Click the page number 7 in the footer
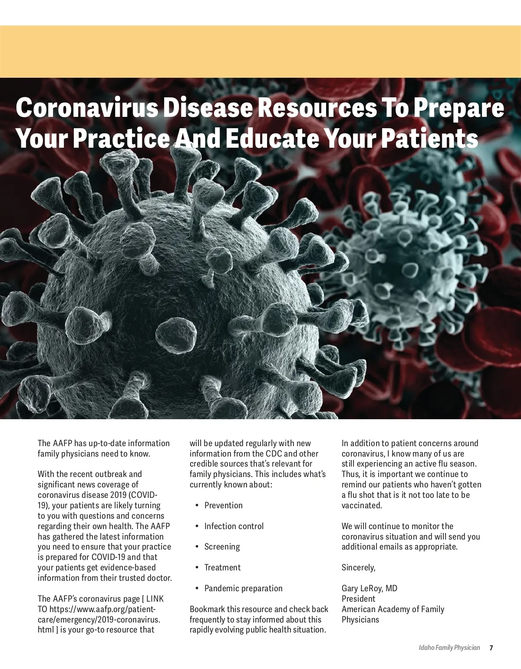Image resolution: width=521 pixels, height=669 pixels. pos(491,648)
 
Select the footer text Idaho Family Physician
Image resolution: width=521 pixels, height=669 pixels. pos(449,648)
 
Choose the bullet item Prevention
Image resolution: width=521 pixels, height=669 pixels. pos(223,505)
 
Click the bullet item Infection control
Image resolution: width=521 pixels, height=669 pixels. pos(234,526)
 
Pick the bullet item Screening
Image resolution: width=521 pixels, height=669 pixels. pos(222,546)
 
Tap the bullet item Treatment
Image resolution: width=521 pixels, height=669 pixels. pos(222,567)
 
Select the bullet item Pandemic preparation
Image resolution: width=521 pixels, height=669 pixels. pos(243,588)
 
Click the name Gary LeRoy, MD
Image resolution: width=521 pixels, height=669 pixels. pos(369,588)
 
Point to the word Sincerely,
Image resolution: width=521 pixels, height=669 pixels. pos(358,567)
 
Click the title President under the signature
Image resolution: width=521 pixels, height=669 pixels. pos(358,599)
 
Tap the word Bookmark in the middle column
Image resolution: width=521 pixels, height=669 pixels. pos(207,609)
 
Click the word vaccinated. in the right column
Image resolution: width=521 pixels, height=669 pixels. pos(362,505)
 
